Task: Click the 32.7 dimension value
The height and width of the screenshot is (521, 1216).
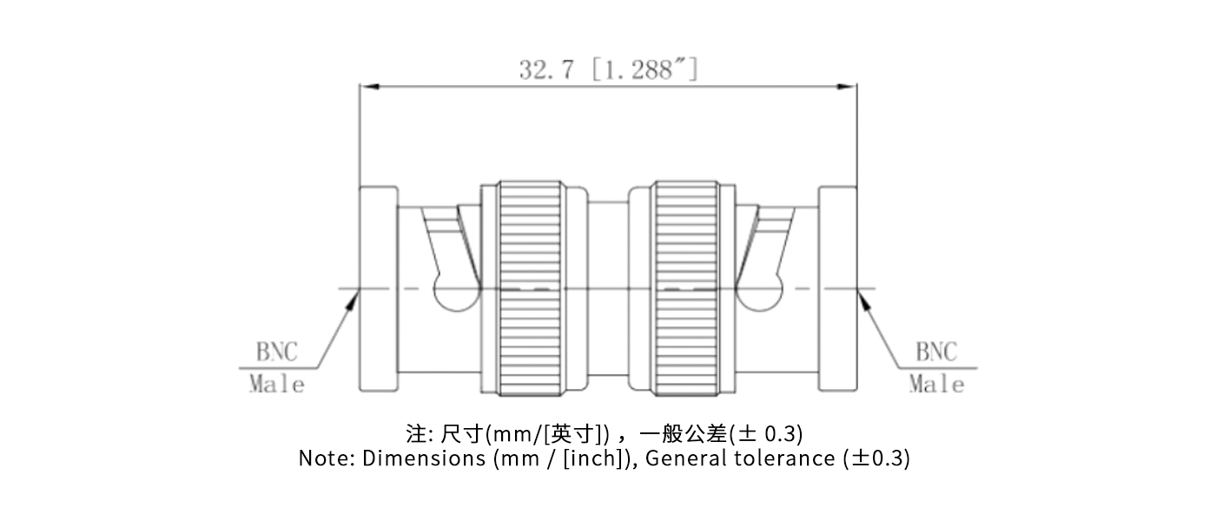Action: tap(546, 69)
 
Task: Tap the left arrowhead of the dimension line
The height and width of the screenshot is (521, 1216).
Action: tap(366, 86)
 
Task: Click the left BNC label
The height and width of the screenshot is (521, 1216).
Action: tap(276, 352)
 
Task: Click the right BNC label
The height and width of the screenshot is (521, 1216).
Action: tap(936, 352)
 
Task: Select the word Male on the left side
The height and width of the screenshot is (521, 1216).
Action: tap(277, 384)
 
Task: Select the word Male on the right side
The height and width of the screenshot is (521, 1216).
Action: tap(937, 384)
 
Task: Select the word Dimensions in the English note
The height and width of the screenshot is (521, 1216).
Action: tap(424, 458)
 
